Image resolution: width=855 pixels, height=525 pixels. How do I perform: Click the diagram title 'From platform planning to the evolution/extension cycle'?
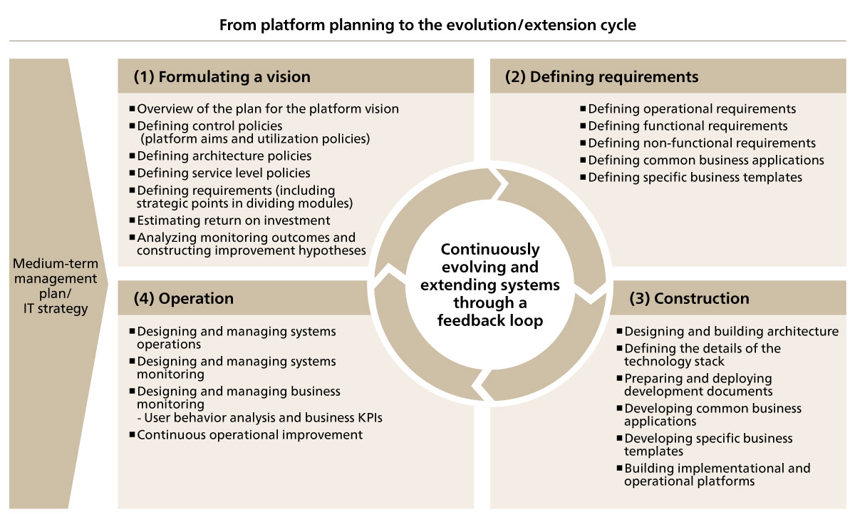point(427,25)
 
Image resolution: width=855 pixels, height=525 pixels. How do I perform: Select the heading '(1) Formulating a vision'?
point(222,77)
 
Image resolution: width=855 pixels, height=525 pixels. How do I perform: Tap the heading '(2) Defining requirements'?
point(601,77)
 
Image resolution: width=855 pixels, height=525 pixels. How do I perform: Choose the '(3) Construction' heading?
point(689,298)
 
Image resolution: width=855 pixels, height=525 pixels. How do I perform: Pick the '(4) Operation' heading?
point(183,298)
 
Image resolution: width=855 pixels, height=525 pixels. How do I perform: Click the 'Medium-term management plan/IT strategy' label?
point(56,286)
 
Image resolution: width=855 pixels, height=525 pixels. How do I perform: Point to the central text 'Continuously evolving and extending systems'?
point(490,267)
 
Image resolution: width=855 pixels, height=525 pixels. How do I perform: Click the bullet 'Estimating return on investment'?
point(233,220)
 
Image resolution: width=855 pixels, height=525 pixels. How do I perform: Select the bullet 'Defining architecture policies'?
point(224,156)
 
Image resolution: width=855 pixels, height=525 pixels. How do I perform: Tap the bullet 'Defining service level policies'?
point(223,173)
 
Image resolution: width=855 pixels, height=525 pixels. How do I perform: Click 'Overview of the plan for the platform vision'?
point(268,109)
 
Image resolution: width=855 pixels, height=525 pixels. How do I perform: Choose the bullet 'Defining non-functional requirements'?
point(702,143)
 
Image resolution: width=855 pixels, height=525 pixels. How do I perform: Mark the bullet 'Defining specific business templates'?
point(695,178)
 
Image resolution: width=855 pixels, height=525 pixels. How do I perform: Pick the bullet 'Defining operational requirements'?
point(692,109)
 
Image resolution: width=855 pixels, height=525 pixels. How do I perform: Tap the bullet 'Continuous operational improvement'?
point(249,435)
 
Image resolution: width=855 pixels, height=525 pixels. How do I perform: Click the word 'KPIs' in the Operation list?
point(370,417)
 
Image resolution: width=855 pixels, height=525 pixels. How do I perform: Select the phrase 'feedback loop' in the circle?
point(490,320)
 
